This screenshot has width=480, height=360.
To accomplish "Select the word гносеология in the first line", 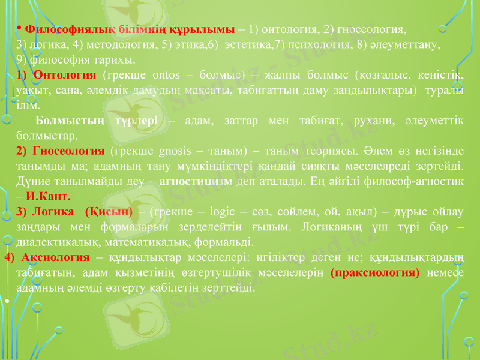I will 374,29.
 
